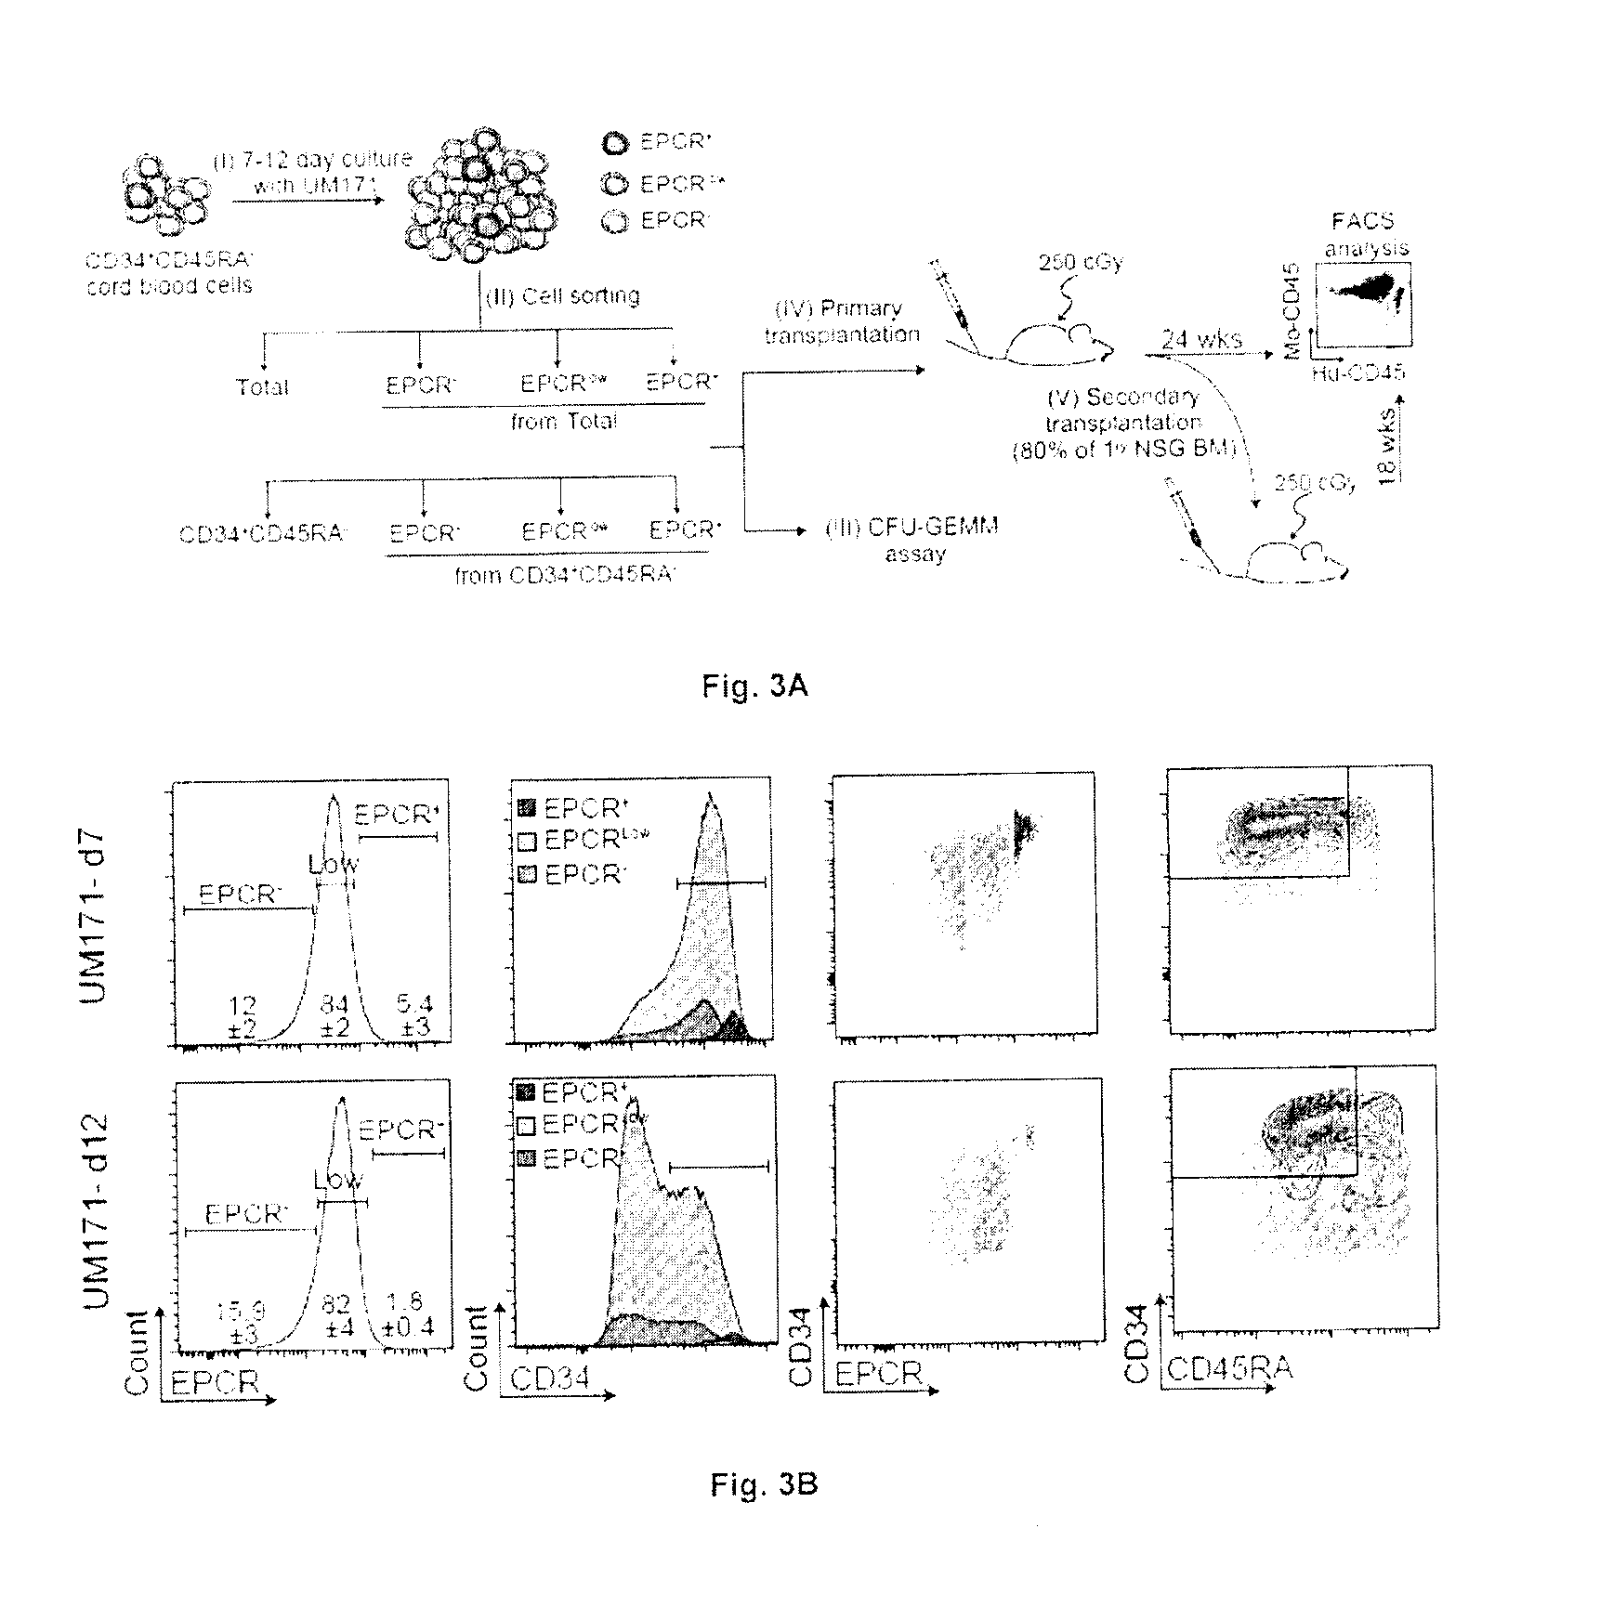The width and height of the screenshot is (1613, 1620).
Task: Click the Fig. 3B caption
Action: tap(763, 1483)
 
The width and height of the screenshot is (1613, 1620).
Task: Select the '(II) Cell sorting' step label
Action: tap(561, 296)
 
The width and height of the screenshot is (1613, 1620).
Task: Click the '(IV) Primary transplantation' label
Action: tap(842, 321)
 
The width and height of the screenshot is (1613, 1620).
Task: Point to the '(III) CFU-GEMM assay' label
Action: tap(912, 541)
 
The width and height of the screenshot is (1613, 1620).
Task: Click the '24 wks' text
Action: tap(1201, 340)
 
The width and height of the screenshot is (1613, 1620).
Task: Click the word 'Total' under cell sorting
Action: tap(262, 387)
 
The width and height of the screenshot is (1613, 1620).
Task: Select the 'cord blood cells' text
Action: tap(169, 285)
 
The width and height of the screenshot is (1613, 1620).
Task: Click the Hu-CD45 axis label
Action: tap(1358, 372)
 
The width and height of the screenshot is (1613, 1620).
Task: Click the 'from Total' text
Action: tap(564, 422)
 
